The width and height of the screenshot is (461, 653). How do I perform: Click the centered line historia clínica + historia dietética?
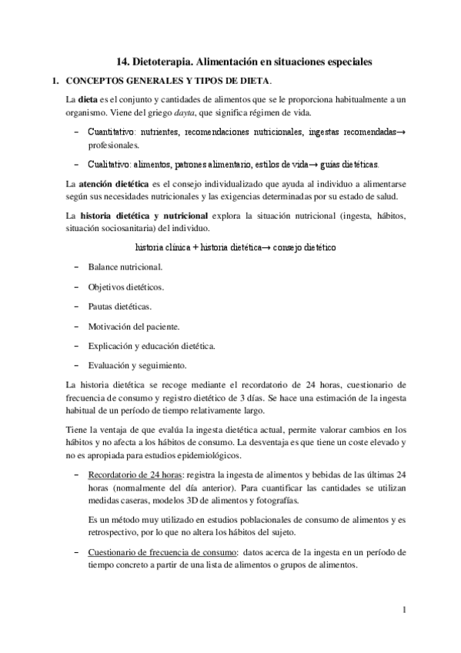(x=233, y=248)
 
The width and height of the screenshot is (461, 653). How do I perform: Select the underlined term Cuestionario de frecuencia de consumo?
(x=162, y=552)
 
